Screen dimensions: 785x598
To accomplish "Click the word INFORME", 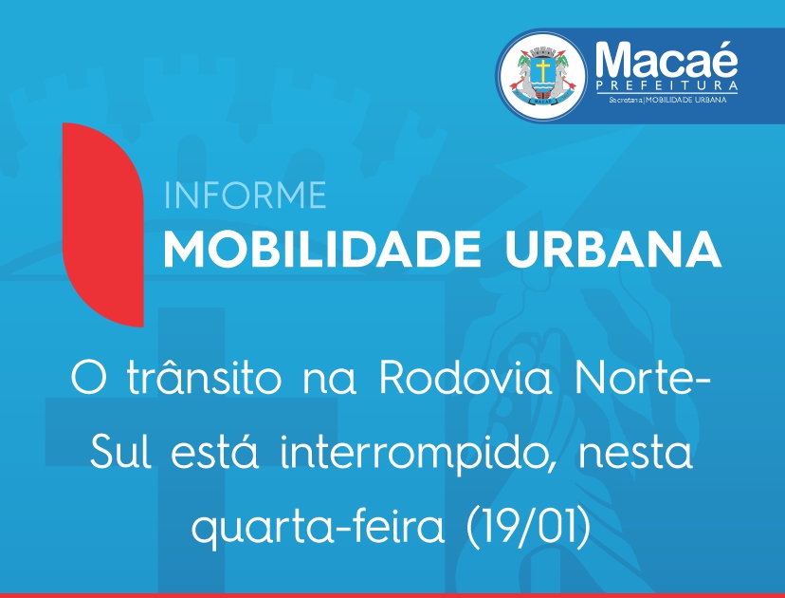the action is click(x=245, y=196).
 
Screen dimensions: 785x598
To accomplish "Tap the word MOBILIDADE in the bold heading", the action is click(x=322, y=249).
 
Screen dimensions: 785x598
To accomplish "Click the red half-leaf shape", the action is click(x=103, y=225).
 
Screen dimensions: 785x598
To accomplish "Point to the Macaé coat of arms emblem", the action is click(x=542, y=75).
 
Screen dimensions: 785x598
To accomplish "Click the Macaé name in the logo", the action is click(x=666, y=59).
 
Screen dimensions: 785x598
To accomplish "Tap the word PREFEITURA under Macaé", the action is click(x=666, y=85).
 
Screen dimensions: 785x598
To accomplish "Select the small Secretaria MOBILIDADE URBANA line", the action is click(x=667, y=100).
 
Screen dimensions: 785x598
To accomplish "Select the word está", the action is click(x=215, y=451).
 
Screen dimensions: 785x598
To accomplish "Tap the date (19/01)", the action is click(x=529, y=527).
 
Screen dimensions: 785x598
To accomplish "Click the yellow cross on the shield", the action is click(x=541, y=69).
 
